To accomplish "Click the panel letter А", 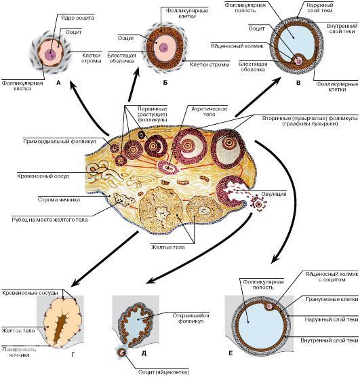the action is pos(58,83).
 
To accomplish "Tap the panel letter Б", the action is pos(165,83).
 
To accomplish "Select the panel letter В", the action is pos(298,83).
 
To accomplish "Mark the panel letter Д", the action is pos(144,353).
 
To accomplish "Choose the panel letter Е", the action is pos(231,353).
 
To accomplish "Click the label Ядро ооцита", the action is pos(77,18).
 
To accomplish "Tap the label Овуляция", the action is pos(274,194).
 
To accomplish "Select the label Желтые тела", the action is pos(168,247).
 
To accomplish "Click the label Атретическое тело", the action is pos(209,112).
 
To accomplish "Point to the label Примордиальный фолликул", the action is pos(60,141).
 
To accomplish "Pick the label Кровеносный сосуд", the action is pos(43,176).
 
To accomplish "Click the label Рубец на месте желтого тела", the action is pos(49,220).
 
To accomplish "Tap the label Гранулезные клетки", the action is pos(332,299).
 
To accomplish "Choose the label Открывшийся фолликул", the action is pos(191,318).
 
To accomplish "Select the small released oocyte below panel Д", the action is pos(121,353).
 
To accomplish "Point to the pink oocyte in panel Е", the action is pos(270,306).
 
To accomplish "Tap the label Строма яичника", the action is pos(59,200).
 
